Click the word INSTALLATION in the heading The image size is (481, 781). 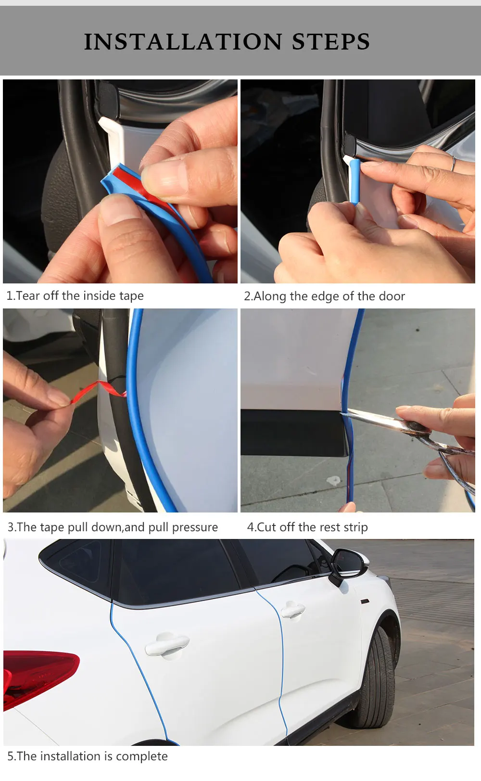183,42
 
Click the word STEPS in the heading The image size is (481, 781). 331,42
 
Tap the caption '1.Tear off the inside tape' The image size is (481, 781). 75,295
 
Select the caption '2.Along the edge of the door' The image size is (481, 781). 324,296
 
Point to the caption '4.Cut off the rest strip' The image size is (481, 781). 307,527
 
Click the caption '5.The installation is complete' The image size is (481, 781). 88,756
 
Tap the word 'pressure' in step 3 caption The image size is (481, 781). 195,527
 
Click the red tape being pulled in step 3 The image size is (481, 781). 100,391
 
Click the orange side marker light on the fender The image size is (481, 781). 364,601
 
